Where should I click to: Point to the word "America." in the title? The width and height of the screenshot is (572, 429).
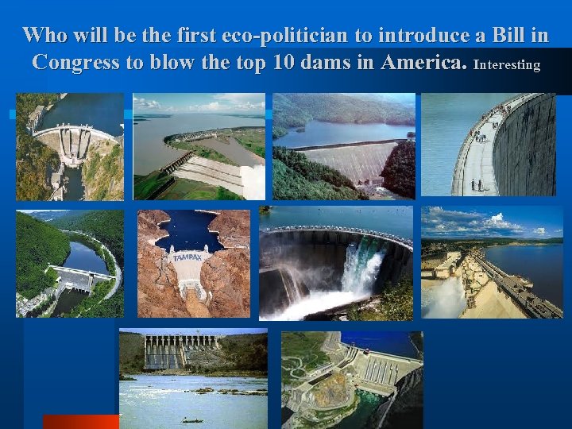[x=423, y=63]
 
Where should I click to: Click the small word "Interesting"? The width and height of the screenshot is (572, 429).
[x=506, y=64]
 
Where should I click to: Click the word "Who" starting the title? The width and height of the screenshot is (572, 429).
[x=46, y=36]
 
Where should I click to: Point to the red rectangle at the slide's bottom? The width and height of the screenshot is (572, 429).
[x=80, y=421]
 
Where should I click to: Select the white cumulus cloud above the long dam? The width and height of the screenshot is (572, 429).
[x=497, y=218]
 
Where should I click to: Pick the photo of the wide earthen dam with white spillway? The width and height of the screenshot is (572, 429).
[x=199, y=147]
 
